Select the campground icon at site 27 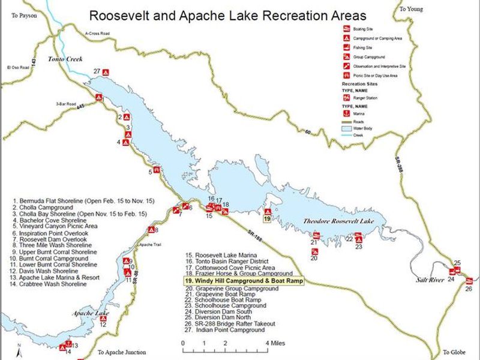coord(106,73)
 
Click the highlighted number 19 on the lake coord(267,219)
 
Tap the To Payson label coord(25,16)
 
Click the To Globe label coord(454,352)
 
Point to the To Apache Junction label coord(121,352)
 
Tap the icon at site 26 coord(469,280)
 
